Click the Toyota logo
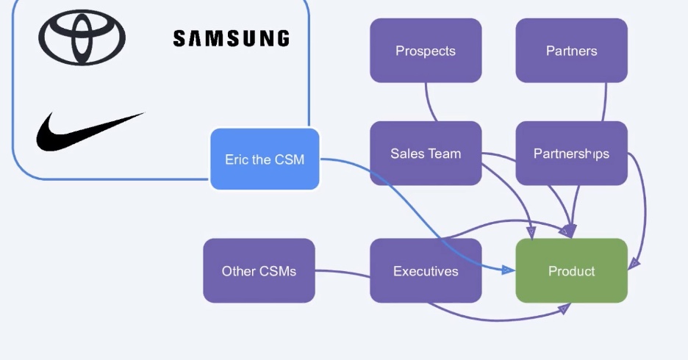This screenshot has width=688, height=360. pyautogui.click(x=82, y=37)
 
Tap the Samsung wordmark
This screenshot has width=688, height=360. pyautogui.click(x=231, y=38)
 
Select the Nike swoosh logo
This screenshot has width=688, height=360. pyautogui.click(x=90, y=131)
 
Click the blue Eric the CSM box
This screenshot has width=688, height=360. pyautogui.click(x=265, y=159)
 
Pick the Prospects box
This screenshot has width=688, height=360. pyautogui.click(x=426, y=51)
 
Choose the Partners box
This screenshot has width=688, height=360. pyautogui.click(x=571, y=51)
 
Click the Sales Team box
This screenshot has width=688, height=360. pyautogui.click(x=426, y=154)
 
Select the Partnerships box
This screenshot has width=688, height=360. pyautogui.click(x=571, y=154)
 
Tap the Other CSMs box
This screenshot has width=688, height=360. pyautogui.click(x=259, y=271)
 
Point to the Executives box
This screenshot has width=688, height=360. pyautogui.click(x=426, y=271)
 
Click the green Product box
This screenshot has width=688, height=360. pyautogui.click(x=571, y=271)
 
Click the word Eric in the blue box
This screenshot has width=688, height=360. pyautogui.click(x=236, y=159)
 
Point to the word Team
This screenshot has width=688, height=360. pyautogui.click(x=445, y=154)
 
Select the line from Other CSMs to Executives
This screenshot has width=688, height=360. pyautogui.click(x=343, y=273)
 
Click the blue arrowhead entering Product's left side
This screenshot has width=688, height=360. pyautogui.click(x=508, y=270)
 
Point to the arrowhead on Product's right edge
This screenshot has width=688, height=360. pyautogui.click(x=633, y=262)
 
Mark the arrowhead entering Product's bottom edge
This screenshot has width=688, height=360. pyautogui.click(x=564, y=309)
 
